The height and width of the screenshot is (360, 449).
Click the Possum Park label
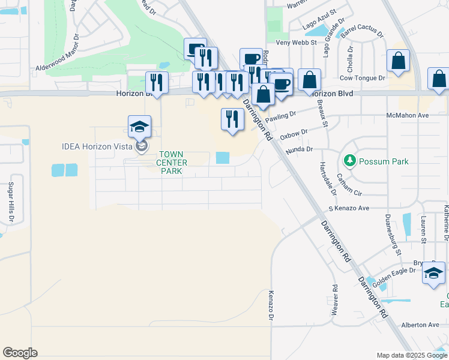[x=384, y=161]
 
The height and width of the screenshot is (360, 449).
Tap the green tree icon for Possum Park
[x=349, y=161]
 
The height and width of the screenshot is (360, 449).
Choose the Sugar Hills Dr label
[x=10, y=203]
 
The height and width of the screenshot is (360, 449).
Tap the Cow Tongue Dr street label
[x=362, y=78]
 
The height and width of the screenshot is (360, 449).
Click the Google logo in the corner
[x=20, y=353]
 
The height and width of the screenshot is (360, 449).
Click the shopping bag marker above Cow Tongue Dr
[x=398, y=61]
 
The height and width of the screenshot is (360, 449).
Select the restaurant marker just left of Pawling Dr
[x=231, y=119]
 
